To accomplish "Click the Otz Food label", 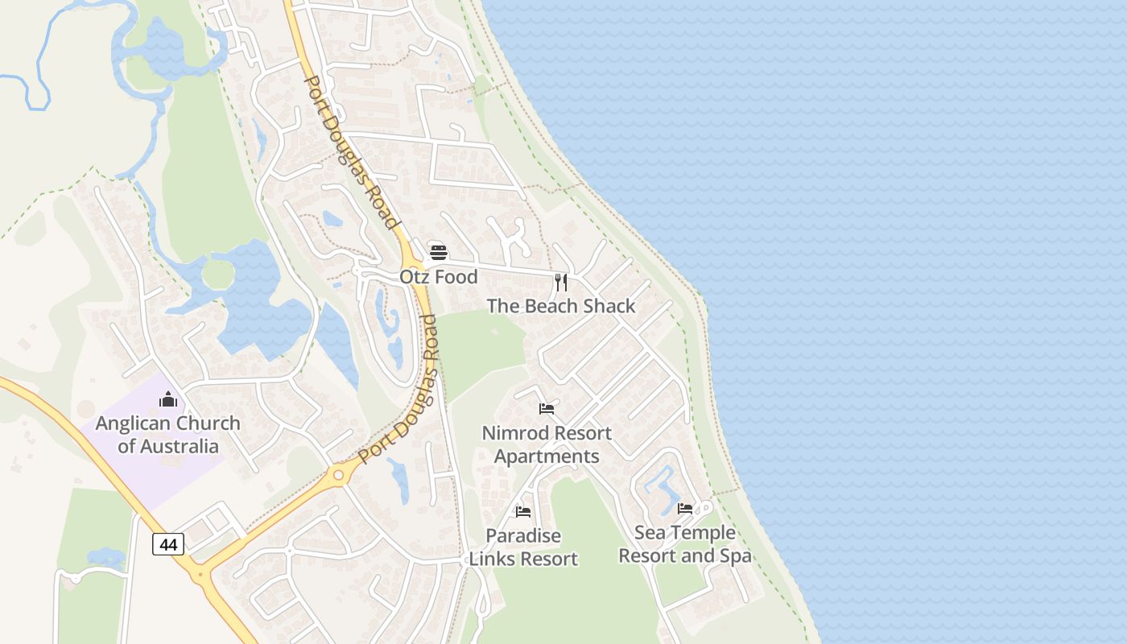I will pos(439,277).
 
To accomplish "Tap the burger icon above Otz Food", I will pos(438,252).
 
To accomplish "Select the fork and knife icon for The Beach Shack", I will pos(561,282).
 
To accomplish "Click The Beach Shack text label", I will pos(561,306).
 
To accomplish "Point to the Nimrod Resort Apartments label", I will pos(547,444).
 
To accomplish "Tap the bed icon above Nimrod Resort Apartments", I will pos(547,408).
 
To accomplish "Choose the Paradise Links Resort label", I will pos(523,547).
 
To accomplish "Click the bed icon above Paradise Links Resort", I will pos(523,511).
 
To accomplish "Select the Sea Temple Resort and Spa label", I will pos(685,544).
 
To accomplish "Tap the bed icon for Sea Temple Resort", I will pos(685,508).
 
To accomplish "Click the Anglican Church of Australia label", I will pos(167,435).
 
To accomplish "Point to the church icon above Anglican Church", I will pos(167,398).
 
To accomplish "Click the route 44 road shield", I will pos(168,545).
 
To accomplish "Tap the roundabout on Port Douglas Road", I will pos(339,476).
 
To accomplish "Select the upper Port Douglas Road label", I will pos(352,153).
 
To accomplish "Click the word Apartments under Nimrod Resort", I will pos(547,456).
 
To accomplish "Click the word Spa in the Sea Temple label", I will pos(736,555).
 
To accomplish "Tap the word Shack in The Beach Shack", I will pos(610,306).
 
